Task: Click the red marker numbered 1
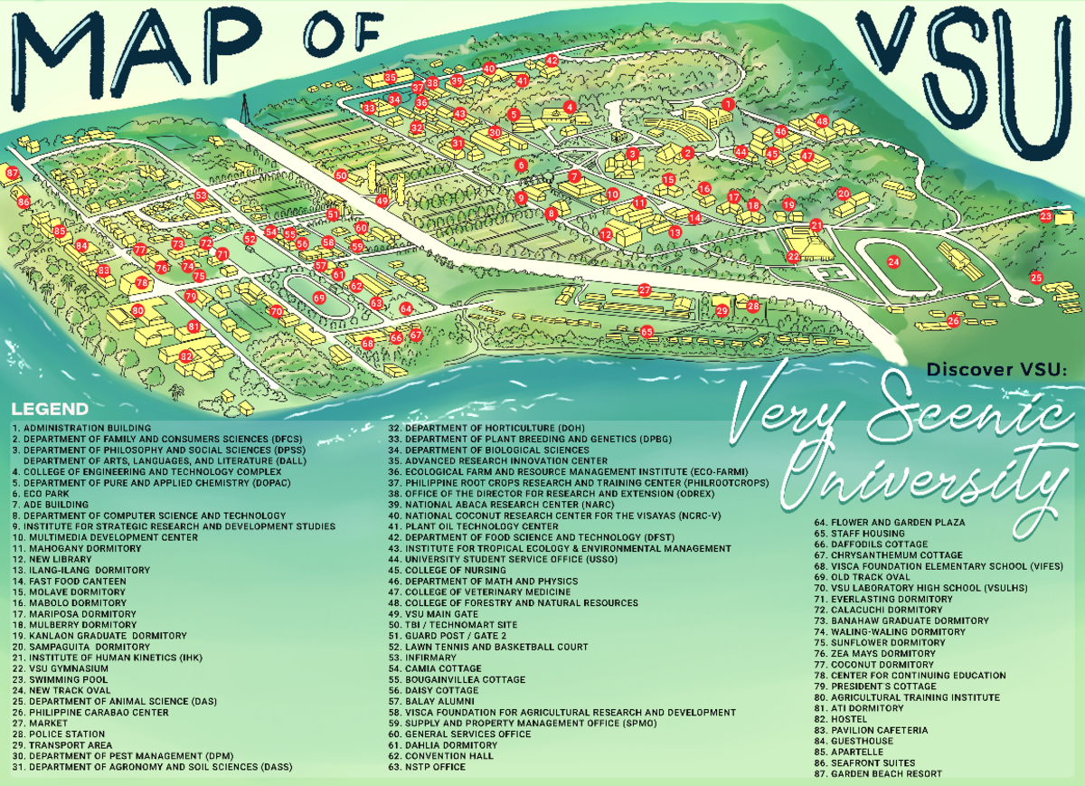click(x=727, y=105)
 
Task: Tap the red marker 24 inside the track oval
click(x=893, y=262)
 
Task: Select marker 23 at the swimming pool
click(x=1046, y=216)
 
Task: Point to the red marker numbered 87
click(x=12, y=172)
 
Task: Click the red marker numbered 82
click(x=186, y=356)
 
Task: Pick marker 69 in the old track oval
click(x=319, y=298)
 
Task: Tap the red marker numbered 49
click(x=382, y=201)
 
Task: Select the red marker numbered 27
click(x=645, y=290)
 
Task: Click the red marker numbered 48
click(x=822, y=121)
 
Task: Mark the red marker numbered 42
click(x=552, y=60)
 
